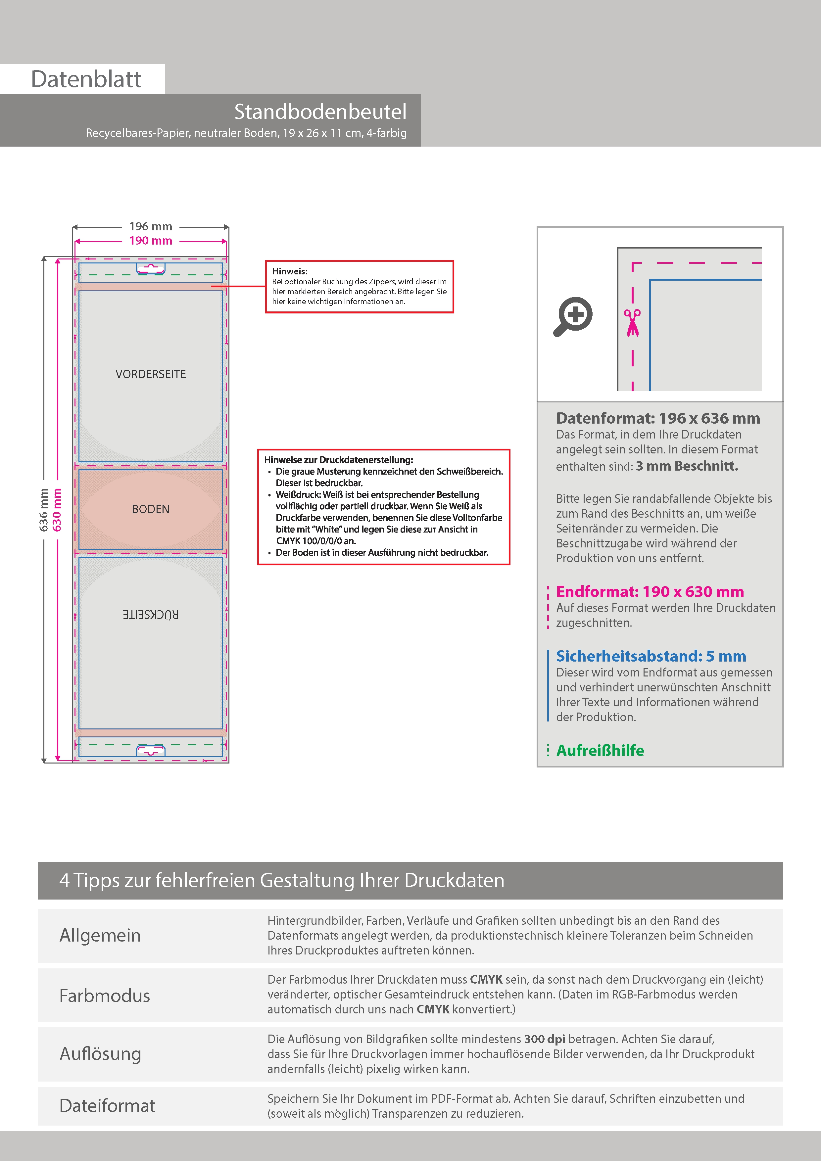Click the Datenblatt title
pyautogui.click(x=86, y=79)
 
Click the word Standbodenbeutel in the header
pyautogui.click(x=320, y=112)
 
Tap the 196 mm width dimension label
pyautogui.click(x=151, y=226)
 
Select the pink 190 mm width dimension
pyautogui.click(x=151, y=241)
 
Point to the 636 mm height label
pyautogui.click(x=44, y=510)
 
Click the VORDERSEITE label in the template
pyautogui.click(x=151, y=374)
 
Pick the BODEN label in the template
pyautogui.click(x=151, y=509)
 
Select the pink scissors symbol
pyautogui.click(x=632, y=323)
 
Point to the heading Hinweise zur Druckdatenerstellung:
pyautogui.click(x=338, y=460)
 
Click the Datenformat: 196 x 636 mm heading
pyautogui.click(x=657, y=418)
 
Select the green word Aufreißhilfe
pyautogui.click(x=600, y=750)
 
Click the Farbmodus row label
pyautogui.click(x=105, y=996)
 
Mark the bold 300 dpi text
pyautogui.click(x=544, y=1039)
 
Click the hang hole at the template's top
pyautogui.click(x=151, y=268)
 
